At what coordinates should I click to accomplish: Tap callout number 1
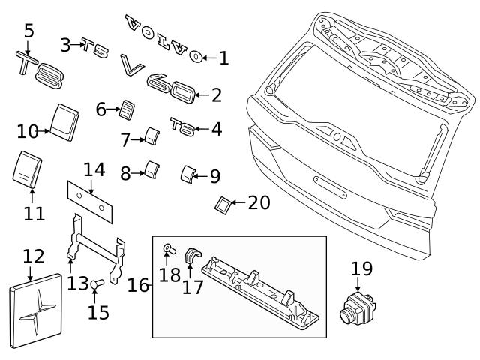pos(224,57)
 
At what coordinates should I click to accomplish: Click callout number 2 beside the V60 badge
pos(216,95)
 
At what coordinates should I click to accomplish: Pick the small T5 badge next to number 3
pos(95,48)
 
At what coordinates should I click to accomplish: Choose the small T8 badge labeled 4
pos(182,125)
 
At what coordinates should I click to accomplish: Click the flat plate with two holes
pos(90,198)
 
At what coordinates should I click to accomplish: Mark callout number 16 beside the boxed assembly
pos(137,286)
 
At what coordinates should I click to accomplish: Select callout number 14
pos(94,169)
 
